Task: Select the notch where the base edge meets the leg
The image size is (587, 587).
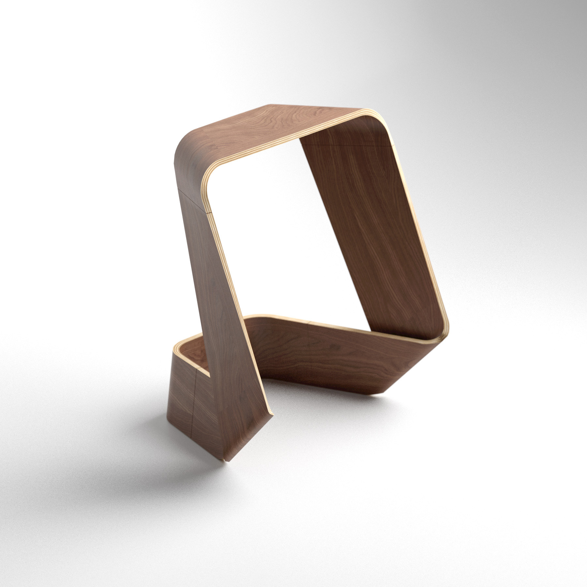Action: tap(209, 375)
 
